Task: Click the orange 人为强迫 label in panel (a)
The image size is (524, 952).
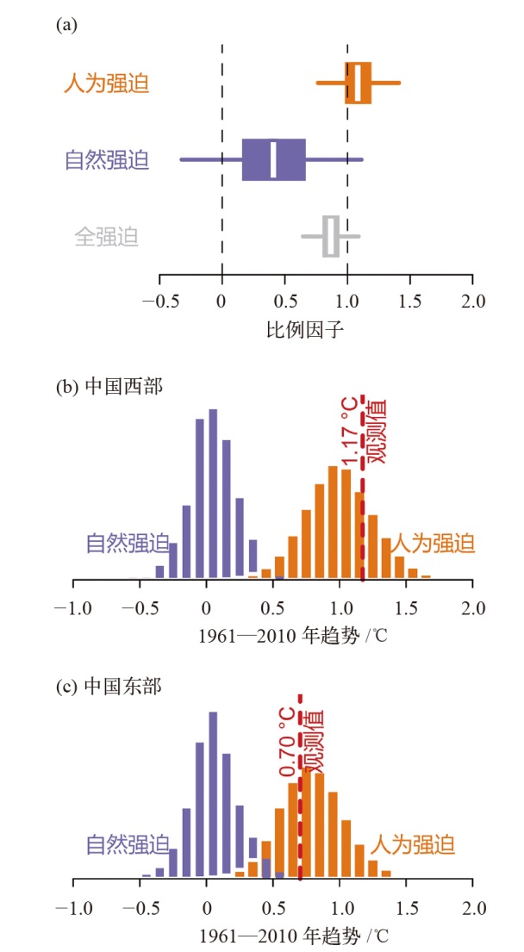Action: click(x=106, y=84)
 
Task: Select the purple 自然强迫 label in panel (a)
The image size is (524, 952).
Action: click(x=106, y=160)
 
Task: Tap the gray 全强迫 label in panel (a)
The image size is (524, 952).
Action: click(x=106, y=236)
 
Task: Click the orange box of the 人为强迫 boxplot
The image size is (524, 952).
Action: click(x=359, y=83)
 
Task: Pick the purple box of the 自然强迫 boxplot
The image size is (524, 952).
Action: click(x=274, y=159)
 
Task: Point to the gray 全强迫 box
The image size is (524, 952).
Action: click(x=331, y=236)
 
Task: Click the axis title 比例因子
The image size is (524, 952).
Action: click(x=316, y=329)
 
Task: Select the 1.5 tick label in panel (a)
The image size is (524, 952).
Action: click(x=410, y=302)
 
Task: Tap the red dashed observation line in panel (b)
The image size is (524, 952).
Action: click(x=363, y=534)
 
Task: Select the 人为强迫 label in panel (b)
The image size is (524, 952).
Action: click(x=433, y=544)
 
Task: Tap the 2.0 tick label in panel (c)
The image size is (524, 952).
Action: click(x=472, y=908)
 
